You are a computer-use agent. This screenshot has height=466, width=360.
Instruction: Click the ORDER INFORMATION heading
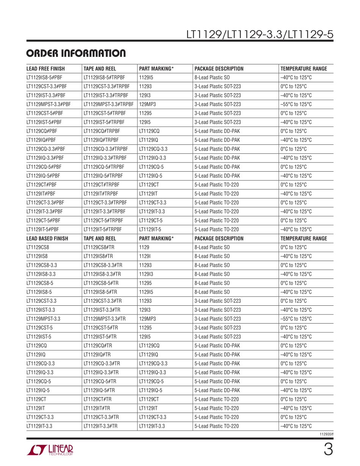(x=76, y=53)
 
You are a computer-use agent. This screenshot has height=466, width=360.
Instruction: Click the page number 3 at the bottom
(x=328, y=450)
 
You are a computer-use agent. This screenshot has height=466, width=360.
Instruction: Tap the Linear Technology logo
(x=50, y=450)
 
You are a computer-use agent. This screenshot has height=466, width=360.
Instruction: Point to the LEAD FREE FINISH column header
(x=45, y=69)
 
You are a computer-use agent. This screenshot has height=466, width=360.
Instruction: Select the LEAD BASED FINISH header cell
(x=47, y=239)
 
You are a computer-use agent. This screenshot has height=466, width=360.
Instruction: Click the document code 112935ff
(x=327, y=435)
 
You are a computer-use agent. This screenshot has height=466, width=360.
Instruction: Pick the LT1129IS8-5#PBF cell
(x=44, y=78)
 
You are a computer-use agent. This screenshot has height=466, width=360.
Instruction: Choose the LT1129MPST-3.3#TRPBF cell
(x=108, y=104)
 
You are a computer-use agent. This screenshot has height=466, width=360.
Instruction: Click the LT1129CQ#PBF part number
(x=42, y=131)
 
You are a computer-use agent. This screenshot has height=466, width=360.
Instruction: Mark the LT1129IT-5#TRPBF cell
(x=103, y=229)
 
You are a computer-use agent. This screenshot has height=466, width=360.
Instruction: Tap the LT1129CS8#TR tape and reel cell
(x=98, y=247)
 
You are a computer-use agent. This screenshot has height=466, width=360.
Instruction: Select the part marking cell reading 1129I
(x=145, y=256)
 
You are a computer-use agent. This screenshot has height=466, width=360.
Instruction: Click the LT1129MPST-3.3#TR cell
(x=105, y=319)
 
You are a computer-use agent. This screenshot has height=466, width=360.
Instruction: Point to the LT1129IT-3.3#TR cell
(x=100, y=426)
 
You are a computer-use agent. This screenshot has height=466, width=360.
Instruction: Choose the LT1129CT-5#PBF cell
(x=43, y=220)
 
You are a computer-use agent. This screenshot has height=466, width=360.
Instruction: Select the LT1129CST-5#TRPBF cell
(x=105, y=113)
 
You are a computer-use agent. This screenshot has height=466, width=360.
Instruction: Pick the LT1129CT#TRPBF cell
(x=102, y=185)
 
